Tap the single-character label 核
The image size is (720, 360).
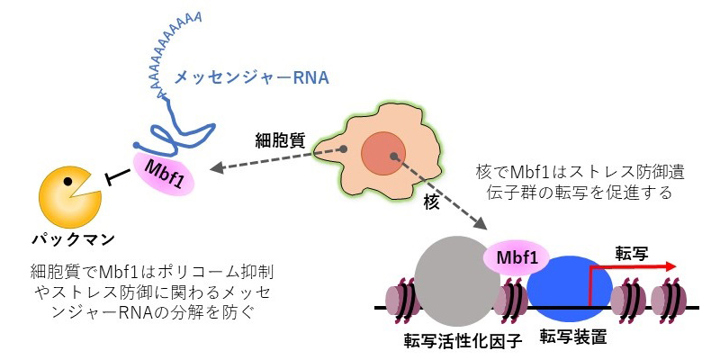(430, 204)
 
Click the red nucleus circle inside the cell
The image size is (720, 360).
(385, 154)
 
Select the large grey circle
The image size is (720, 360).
(456, 281)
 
